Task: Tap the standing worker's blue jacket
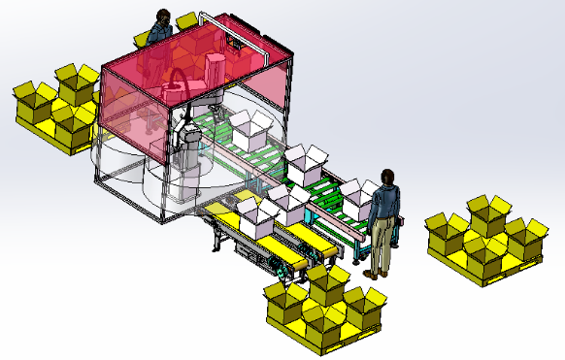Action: pyautogui.click(x=385, y=203)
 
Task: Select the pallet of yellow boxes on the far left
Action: pyautogui.click(x=56, y=107)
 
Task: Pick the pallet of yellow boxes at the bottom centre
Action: pyautogui.click(x=324, y=306)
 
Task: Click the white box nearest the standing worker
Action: pyautogui.click(x=358, y=195)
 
